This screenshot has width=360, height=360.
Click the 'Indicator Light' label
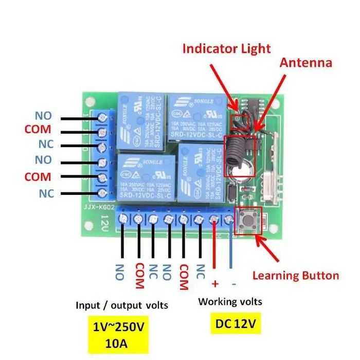click(226, 49)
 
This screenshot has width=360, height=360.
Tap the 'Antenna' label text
click(305, 63)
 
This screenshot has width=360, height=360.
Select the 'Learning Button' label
click(295, 275)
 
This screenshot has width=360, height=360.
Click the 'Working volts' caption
click(230, 301)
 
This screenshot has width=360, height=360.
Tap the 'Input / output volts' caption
click(121, 305)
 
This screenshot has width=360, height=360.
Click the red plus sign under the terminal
click(214, 283)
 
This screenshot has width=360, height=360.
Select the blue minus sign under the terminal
click(233, 283)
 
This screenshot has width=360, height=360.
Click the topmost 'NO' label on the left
click(43, 115)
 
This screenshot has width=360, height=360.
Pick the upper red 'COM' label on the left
click(38, 129)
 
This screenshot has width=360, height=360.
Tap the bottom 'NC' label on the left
click(46, 193)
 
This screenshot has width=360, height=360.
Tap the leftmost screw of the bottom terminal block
click(123, 219)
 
